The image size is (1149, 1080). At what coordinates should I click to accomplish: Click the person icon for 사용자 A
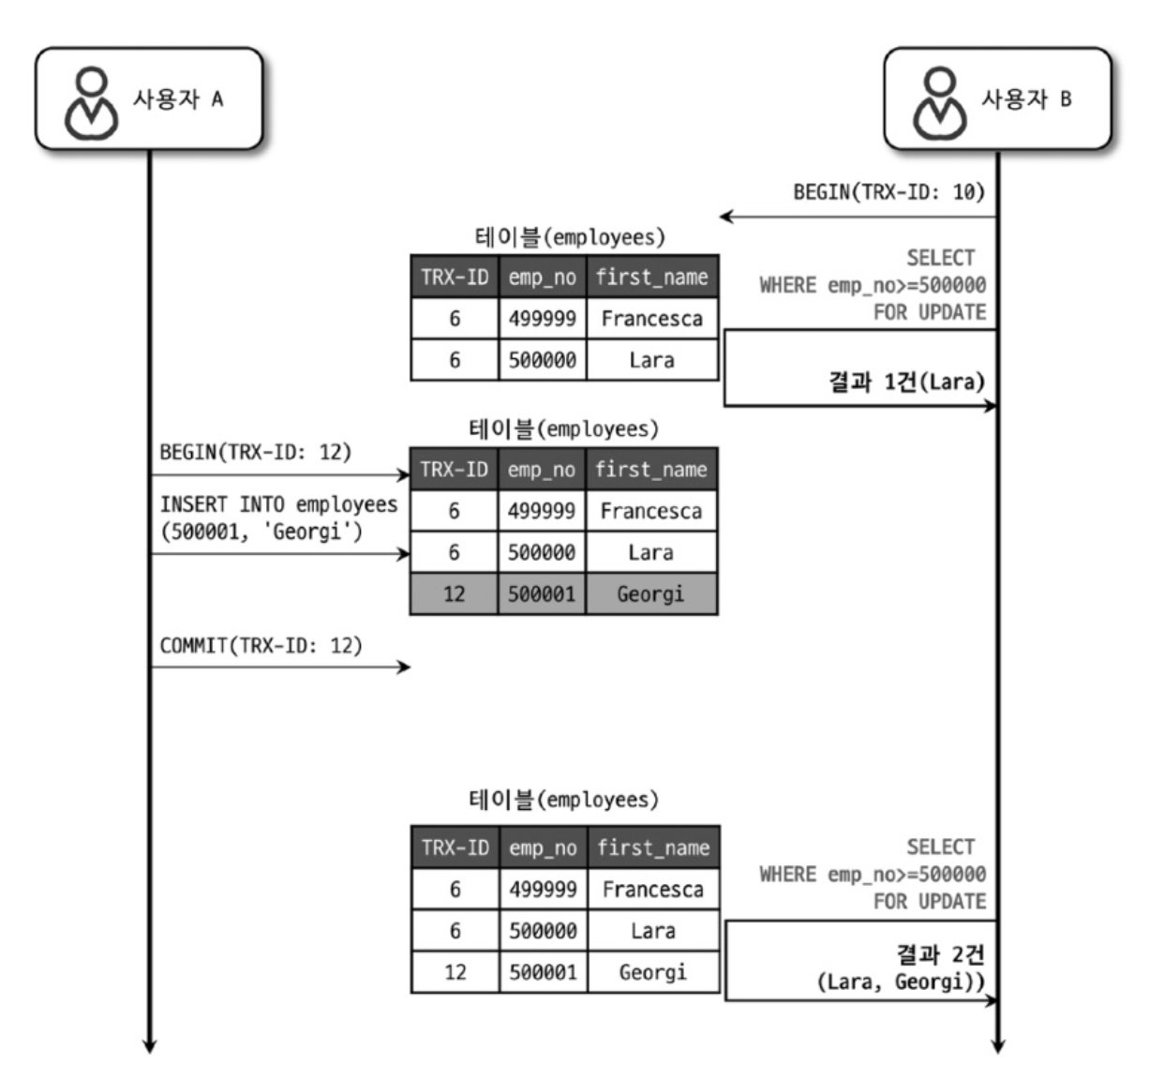click(90, 101)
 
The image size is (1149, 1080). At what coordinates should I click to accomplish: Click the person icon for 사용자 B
click(939, 101)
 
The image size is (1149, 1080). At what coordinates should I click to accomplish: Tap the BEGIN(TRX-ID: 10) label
click(888, 192)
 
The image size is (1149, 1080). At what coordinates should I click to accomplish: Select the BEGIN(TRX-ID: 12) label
click(255, 452)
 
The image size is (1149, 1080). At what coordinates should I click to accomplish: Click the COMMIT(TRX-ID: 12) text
click(261, 645)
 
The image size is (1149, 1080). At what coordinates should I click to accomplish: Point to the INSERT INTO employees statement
click(278, 517)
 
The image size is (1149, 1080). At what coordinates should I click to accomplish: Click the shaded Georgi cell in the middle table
click(650, 593)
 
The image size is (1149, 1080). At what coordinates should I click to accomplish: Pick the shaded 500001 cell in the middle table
click(542, 593)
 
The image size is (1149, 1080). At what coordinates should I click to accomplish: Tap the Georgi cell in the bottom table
click(652, 972)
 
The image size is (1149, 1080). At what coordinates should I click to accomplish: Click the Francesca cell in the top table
click(651, 319)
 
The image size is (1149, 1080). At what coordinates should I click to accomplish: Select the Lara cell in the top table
click(651, 360)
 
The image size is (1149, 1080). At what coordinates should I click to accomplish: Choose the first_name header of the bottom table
click(653, 847)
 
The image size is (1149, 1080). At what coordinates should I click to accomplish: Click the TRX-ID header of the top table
click(455, 277)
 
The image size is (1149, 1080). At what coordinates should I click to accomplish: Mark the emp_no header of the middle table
click(542, 469)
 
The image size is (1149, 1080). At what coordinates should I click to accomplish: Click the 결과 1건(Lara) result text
click(906, 382)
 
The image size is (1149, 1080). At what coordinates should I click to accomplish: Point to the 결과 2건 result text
click(940, 954)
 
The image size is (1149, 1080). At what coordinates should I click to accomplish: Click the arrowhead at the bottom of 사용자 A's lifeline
click(148, 1044)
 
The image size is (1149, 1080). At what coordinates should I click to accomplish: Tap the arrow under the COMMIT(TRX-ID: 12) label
click(281, 667)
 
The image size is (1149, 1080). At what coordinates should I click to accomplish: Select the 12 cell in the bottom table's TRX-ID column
click(455, 972)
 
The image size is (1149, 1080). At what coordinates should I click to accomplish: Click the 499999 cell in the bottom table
click(543, 889)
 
